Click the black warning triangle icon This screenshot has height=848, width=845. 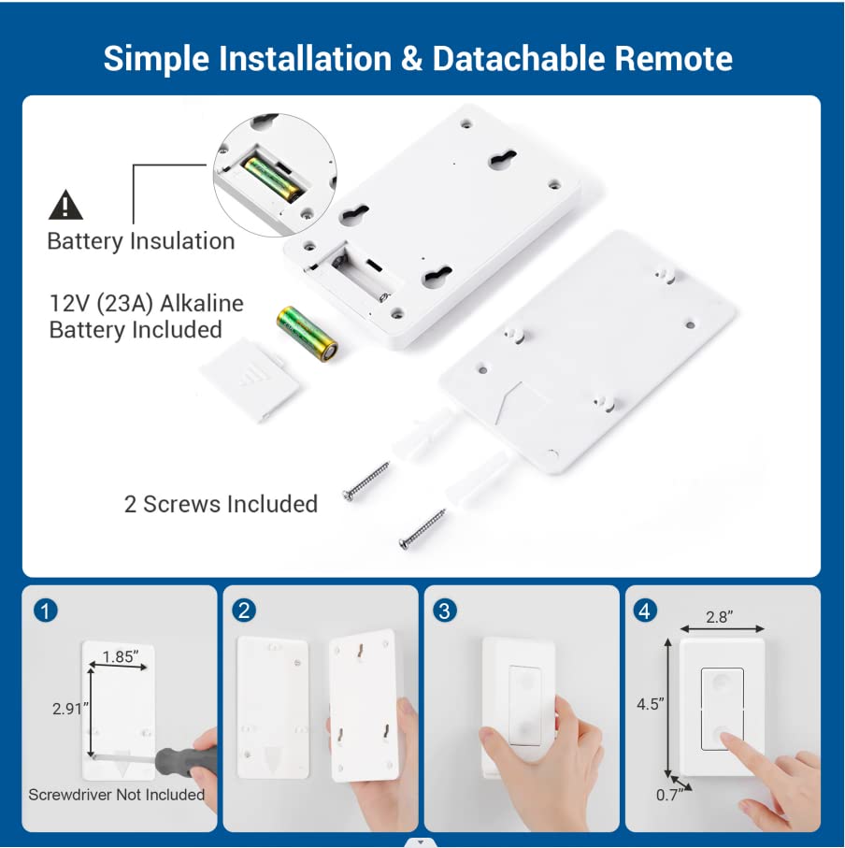[x=65, y=205]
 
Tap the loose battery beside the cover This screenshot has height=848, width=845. [x=308, y=334]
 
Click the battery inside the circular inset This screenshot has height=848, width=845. [x=272, y=178]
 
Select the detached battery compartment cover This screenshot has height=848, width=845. [x=250, y=380]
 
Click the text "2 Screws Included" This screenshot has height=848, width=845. [x=221, y=504]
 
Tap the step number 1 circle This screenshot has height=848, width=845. [x=46, y=611]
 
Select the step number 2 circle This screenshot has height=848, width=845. [x=244, y=611]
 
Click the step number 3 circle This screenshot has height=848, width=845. [x=444, y=611]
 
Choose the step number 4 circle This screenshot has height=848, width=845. [x=644, y=611]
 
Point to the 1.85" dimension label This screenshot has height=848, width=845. [x=121, y=656]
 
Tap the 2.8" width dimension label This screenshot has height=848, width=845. [x=720, y=617]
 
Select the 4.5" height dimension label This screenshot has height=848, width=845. [x=651, y=704]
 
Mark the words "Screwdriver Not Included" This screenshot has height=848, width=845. [x=116, y=795]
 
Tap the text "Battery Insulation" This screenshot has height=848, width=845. [x=141, y=241]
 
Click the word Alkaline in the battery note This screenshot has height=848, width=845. [x=202, y=304]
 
